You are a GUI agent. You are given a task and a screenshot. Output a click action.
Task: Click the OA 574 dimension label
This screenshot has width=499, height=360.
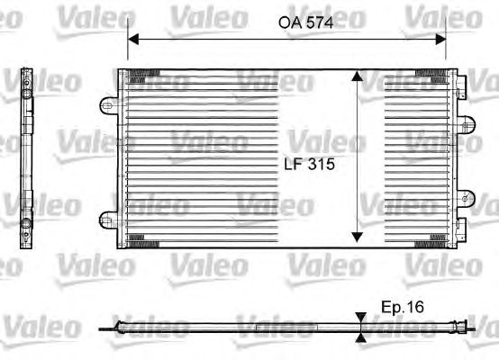(306, 22)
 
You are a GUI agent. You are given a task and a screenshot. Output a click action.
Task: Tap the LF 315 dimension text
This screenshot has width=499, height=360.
(309, 164)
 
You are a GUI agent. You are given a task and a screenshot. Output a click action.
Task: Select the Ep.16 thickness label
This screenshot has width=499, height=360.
(403, 307)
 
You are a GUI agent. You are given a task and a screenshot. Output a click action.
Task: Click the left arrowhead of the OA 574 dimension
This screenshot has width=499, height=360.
(133, 40)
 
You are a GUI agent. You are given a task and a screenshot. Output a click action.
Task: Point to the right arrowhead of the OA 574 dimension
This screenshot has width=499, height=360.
(440, 40)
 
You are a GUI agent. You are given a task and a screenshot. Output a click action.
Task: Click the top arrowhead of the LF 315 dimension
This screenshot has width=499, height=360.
(357, 76)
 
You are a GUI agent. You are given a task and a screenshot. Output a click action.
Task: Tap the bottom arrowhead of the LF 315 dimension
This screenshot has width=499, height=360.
(357, 238)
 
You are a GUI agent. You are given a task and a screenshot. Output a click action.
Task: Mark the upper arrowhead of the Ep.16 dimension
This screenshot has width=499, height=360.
(361, 318)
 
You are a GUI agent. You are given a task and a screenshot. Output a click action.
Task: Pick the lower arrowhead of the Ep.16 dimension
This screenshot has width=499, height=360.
(361, 337)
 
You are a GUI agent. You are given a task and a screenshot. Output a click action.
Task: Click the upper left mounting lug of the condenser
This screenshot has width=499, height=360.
(108, 105)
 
